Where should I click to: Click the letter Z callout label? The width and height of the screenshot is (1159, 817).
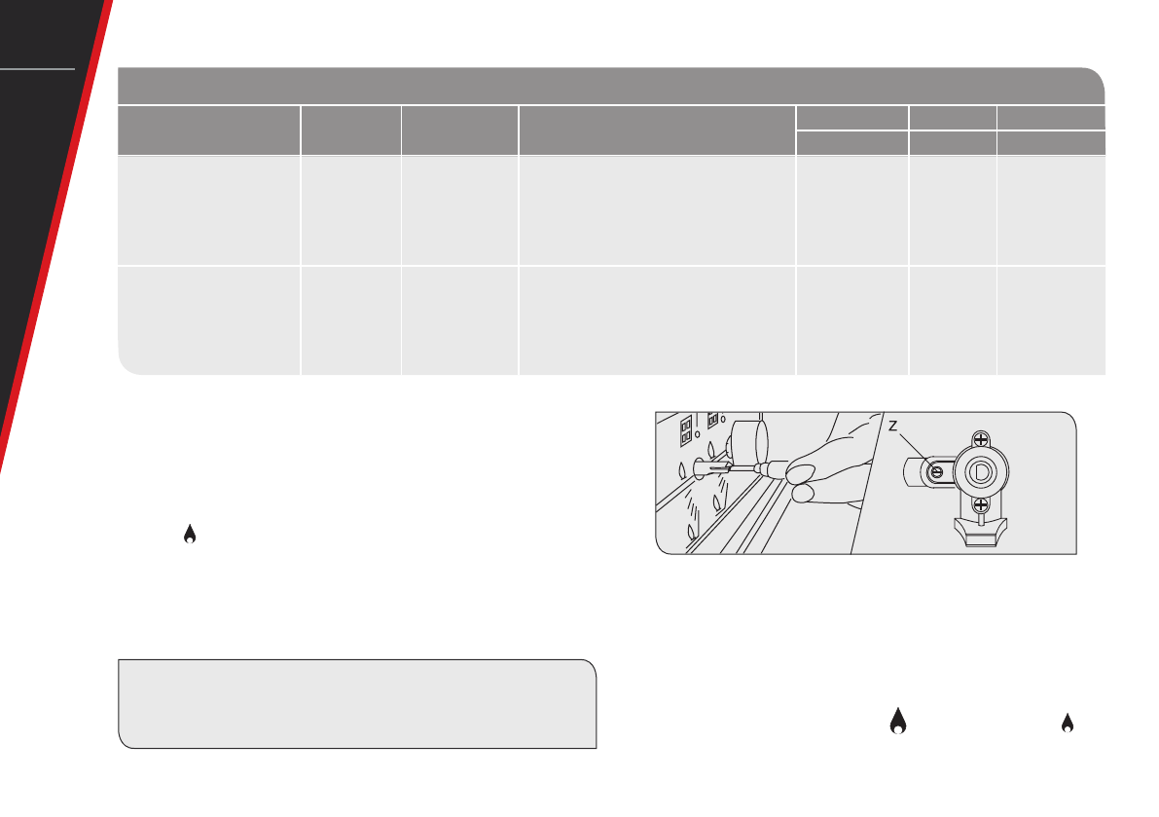[x=893, y=427]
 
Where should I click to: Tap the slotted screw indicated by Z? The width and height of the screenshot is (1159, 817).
[x=936, y=471]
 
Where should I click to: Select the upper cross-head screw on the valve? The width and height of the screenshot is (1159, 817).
[x=981, y=439]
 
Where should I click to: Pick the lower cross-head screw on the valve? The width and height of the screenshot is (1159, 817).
[x=981, y=505]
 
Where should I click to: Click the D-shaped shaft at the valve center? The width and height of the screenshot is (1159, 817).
[x=981, y=471]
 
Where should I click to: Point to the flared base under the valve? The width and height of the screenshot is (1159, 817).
[x=981, y=534]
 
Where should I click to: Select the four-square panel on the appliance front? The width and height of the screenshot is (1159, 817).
[x=686, y=431]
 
